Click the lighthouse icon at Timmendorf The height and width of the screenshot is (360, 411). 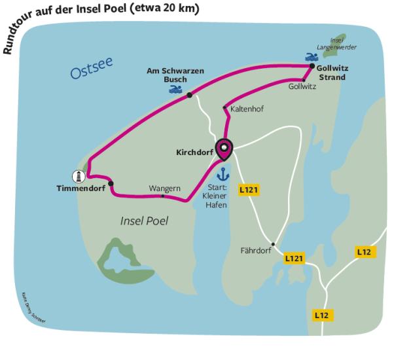click(x=79, y=176)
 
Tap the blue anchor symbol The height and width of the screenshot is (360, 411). click(x=223, y=173)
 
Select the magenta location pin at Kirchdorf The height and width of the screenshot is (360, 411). click(x=224, y=150)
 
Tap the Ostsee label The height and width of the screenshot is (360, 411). click(x=92, y=69)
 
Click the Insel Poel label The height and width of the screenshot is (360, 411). click(x=144, y=221)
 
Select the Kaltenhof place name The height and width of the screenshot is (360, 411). click(x=247, y=109)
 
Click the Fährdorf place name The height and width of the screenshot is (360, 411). click(x=256, y=249)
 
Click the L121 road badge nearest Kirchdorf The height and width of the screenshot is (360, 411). click(x=249, y=190)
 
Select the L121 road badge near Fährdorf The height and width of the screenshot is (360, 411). click(x=295, y=259)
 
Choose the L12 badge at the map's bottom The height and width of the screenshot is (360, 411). click(x=321, y=315)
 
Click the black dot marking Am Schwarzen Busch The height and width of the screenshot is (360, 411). click(x=190, y=96)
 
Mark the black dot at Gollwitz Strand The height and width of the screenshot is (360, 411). click(x=312, y=66)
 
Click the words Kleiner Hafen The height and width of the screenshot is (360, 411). click(x=215, y=200)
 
